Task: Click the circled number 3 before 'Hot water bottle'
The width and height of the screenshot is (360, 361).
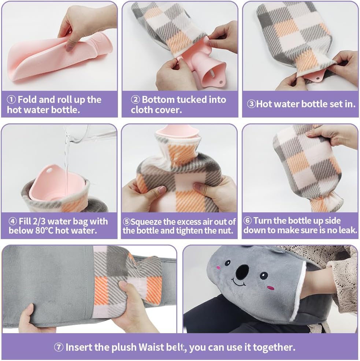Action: [251, 104]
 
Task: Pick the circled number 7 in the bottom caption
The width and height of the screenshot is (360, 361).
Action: [59, 347]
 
